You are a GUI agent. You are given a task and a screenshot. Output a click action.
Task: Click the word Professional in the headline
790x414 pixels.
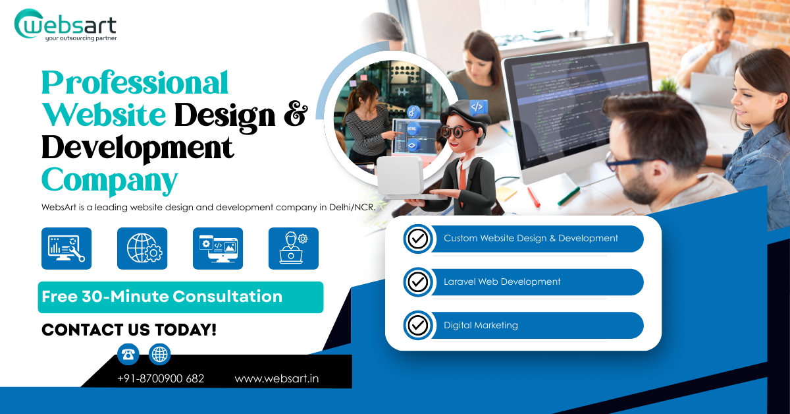[135, 84]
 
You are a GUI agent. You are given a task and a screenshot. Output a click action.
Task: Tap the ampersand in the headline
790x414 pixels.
[294, 115]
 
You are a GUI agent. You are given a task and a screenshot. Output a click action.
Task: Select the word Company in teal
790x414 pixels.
[109, 179]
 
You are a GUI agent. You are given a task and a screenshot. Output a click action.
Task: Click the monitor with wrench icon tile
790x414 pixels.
[66, 249]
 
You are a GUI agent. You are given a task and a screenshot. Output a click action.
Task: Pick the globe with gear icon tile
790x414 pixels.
[142, 249]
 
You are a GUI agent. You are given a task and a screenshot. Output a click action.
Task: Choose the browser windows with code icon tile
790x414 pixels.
[218, 249]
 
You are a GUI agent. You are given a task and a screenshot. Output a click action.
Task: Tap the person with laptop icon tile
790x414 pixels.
[294, 249]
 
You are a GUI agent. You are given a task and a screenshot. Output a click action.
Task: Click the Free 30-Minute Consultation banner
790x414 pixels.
[180, 297]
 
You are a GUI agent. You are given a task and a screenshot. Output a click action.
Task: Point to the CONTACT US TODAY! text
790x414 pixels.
[129, 330]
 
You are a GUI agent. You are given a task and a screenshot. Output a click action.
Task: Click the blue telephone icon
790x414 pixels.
[128, 355]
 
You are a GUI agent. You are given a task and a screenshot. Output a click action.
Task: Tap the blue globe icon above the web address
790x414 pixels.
[159, 355]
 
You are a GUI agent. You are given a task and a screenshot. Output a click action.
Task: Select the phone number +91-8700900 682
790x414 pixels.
[161, 379]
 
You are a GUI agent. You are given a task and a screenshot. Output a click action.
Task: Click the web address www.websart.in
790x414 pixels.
[276, 379]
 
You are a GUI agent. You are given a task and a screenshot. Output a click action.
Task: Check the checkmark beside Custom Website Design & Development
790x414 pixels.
[417, 239]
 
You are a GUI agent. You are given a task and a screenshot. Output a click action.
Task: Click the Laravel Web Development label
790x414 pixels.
[502, 282]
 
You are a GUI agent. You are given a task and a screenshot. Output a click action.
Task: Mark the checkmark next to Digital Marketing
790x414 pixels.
[417, 325]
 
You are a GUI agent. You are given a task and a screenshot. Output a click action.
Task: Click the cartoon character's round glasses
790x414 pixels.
[456, 131]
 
